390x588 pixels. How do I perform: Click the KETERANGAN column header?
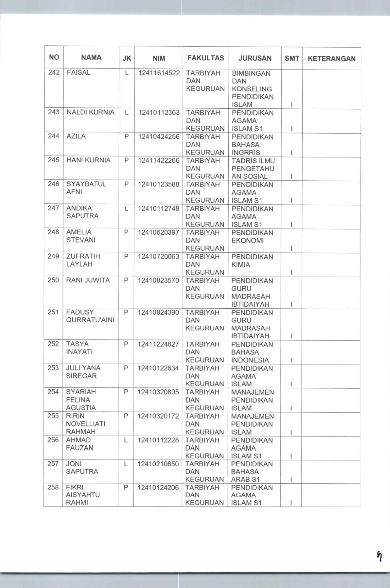tap(331, 59)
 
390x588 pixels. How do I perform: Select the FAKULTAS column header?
tap(206, 58)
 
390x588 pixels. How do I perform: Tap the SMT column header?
tap(292, 59)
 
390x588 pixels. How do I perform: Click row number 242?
tap(54, 73)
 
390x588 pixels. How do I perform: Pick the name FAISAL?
tap(79, 73)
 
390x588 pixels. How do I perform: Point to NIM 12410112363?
tap(159, 113)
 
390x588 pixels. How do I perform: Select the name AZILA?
tap(76, 136)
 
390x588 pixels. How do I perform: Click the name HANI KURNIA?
tap(88, 160)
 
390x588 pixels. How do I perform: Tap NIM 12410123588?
tap(159, 184)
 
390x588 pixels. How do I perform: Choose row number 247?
tap(53, 208)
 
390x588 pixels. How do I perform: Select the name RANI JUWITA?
tap(88, 280)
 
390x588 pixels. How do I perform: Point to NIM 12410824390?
tap(158, 312)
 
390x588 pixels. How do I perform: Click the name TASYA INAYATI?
tap(79, 348)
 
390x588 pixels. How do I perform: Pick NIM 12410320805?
tap(158, 392)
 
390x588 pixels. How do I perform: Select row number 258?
tap(53, 488)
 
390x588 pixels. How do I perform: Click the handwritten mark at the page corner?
tap(380, 556)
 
